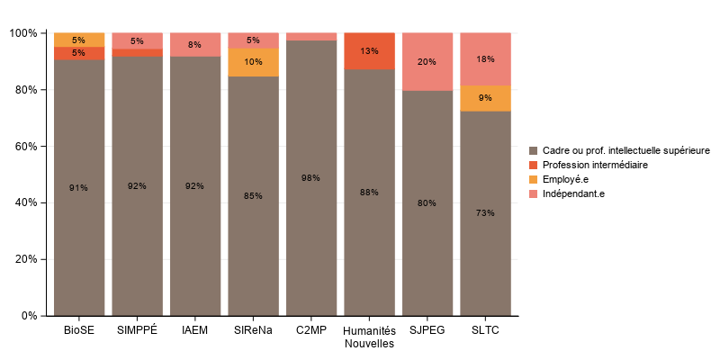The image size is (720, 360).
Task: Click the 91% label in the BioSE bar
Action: [x=79, y=188]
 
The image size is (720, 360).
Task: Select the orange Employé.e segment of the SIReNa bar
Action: [x=253, y=62]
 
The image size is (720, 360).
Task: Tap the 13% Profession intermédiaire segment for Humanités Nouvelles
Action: [x=369, y=51]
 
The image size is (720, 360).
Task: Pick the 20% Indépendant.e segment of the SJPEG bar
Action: [x=427, y=62]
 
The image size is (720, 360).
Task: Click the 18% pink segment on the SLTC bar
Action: [x=485, y=59]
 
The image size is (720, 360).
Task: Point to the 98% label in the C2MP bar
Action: [x=310, y=178]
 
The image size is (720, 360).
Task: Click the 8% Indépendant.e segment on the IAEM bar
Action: [x=194, y=45]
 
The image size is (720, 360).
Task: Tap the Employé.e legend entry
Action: [x=565, y=179]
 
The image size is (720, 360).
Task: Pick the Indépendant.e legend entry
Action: [x=572, y=193]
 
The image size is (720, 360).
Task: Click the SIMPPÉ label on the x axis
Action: [x=137, y=330]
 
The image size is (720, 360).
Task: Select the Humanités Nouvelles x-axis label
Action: [x=369, y=337]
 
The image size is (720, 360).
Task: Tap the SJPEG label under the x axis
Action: [x=427, y=330]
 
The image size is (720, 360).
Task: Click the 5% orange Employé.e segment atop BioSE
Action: [x=79, y=40]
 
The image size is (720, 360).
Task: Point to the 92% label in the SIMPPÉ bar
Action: [x=137, y=186]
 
